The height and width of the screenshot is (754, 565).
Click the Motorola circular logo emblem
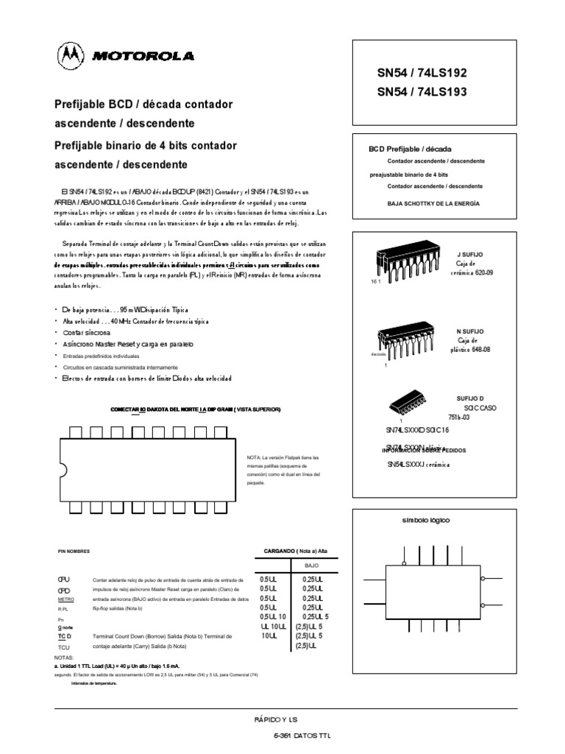tap(71, 55)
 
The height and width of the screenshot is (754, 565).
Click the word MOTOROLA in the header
tap(142, 56)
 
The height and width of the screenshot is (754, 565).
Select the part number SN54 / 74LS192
tap(422, 74)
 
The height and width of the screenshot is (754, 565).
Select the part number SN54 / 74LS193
tap(422, 92)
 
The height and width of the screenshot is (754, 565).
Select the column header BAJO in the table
tap(312, 565)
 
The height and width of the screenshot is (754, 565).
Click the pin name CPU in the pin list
tap(64, 580)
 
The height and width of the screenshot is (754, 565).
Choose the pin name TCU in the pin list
tap(64, 645)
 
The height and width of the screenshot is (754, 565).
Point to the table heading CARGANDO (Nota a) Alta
tap(295, 550)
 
